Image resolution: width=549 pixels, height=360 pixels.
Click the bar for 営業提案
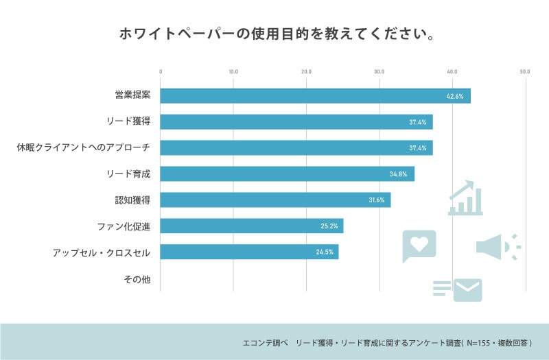pos(315,96)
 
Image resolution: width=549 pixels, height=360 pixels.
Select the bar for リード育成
pos(287,174)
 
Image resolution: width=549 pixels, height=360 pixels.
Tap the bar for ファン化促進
pos(251,226)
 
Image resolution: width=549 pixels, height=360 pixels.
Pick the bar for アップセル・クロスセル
pos(249,252)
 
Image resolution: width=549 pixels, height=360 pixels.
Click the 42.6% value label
pos(454,97)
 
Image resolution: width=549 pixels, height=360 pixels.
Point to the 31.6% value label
pos(376,200)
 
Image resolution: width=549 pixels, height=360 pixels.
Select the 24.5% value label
pos(324,252)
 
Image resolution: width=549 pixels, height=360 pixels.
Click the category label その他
pos(137,279)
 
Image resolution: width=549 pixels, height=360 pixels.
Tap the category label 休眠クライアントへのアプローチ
pos(83,148)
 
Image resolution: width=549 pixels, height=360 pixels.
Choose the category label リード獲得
pos(128,122)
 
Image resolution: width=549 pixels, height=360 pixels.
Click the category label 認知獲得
pos(132,200)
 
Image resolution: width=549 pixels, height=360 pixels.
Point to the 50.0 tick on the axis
pos(524,71)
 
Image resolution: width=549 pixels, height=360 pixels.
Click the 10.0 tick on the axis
pos(233,71)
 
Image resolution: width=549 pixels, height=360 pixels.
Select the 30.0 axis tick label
pos(379,71)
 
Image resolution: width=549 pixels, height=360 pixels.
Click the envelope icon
pos(467,290)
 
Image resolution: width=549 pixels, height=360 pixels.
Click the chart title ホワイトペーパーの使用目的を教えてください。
pos(274,34)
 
